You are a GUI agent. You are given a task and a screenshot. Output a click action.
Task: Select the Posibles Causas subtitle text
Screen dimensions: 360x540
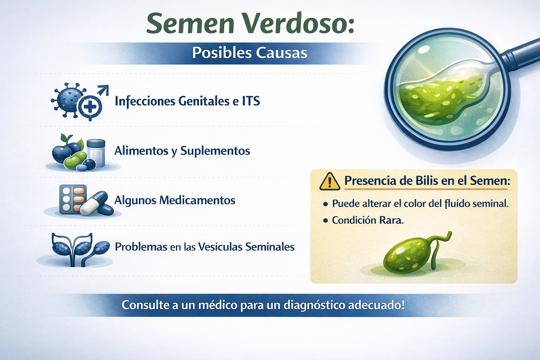[250, 53]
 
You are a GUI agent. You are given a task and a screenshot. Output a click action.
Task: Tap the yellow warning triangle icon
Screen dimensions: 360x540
[329, 181]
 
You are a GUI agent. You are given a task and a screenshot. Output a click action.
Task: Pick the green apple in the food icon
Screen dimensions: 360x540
[74, 161]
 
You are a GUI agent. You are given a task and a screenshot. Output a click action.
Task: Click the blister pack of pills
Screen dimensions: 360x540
[72, 199]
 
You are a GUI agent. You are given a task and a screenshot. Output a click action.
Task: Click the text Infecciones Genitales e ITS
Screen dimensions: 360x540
[187, 101]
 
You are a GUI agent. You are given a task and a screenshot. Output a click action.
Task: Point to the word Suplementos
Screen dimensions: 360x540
[215, 151]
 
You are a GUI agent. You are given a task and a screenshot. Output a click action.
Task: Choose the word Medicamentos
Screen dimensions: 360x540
[197, 200]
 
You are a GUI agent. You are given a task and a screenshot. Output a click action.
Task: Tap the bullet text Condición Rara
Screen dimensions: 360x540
[368, 220]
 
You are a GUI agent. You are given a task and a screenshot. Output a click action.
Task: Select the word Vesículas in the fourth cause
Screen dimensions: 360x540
[220, 247]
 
